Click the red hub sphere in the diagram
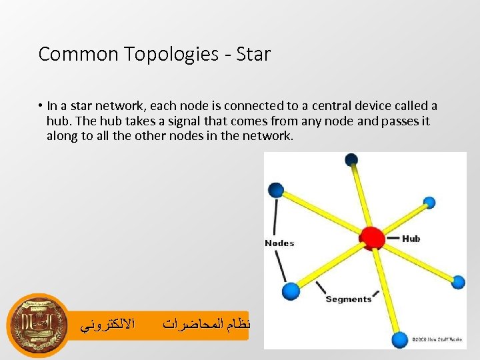[372, 237]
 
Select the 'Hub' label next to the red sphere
[411, 238]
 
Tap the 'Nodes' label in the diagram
[279, 243]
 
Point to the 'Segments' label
[348, 299]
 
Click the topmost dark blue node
[351, 159]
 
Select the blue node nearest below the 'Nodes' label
[291, 291]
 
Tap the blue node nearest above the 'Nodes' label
[276, 190]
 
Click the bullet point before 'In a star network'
[41, 106]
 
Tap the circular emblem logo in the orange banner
[38, 325]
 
